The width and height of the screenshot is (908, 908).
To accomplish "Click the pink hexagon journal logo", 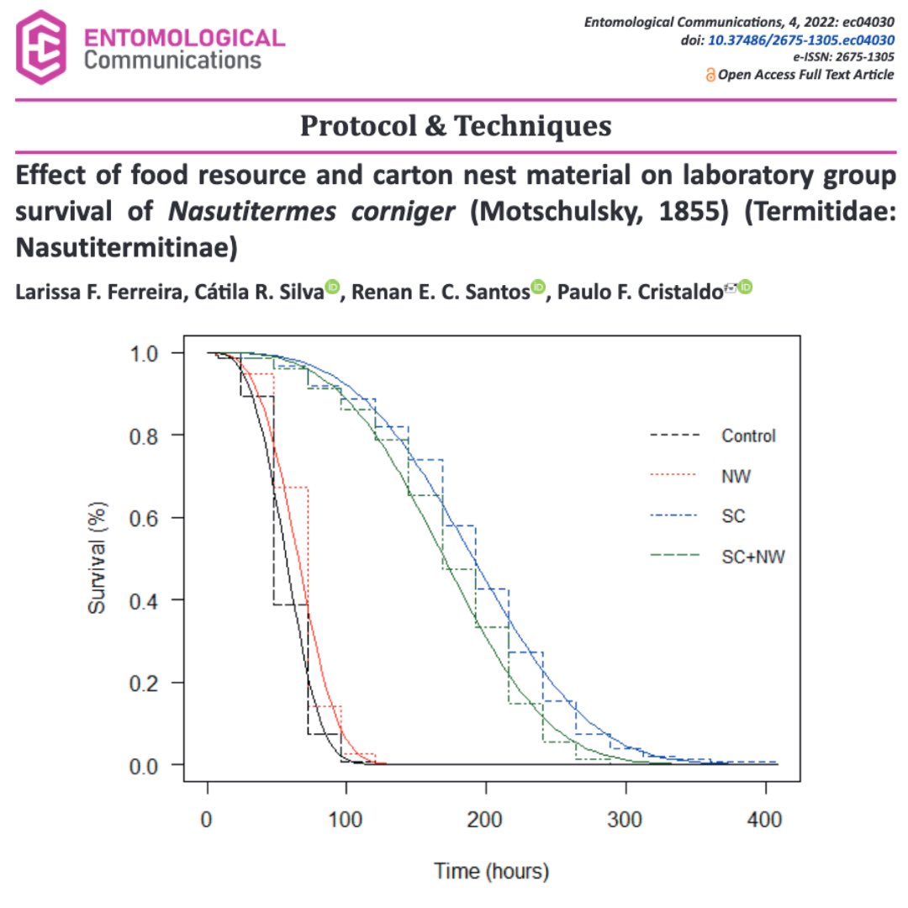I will (42, 49).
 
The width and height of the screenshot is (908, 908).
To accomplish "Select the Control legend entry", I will (747, 436).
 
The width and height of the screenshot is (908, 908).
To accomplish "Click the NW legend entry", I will (736, 476).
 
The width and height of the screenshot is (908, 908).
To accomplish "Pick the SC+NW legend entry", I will (752, 556).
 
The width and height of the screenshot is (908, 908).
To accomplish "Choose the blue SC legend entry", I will (733, 515).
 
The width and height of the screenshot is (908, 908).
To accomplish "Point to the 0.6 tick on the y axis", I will (156, 518).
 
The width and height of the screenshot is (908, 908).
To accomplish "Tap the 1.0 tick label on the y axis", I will (156, 353).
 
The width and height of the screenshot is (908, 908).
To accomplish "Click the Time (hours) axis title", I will (491, 871).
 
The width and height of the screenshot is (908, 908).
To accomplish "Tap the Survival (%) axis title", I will (98, 558).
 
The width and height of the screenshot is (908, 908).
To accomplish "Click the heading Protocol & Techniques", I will (456, 126).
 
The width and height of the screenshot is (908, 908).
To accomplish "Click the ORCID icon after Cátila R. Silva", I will (332, 287).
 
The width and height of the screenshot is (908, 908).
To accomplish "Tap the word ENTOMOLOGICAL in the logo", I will (185, 38).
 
